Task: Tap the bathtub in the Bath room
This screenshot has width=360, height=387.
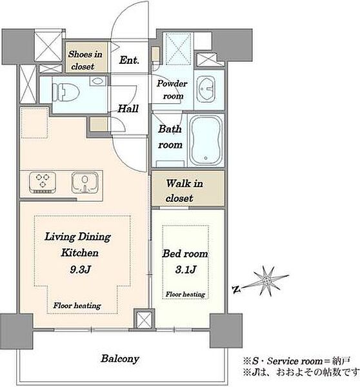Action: [x=206, y=140]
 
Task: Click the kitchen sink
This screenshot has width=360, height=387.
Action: [x=85, y=183]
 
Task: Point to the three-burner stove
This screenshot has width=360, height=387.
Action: [x=42, y=183]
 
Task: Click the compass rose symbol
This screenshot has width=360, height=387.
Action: [x=267, y=281]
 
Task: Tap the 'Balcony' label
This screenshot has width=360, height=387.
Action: [x=120, y=359]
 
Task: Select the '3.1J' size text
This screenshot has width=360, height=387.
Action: [x=186, y=270]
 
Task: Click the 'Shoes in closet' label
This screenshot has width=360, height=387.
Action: [x=85, y=60]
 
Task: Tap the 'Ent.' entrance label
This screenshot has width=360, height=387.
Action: [x=129, y=60]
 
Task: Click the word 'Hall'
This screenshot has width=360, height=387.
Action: [x=128, y=108]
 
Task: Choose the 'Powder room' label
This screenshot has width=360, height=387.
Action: [x=172, y=90]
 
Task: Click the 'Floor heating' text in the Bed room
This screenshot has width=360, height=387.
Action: [x=185, y=294]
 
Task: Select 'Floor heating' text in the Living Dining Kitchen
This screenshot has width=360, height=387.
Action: [x=77, y=306]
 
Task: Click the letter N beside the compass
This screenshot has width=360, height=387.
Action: [x=236, y=290]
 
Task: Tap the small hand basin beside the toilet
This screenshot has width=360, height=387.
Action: [x=98, y=81]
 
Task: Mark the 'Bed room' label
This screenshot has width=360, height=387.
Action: [x=185, y=253]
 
